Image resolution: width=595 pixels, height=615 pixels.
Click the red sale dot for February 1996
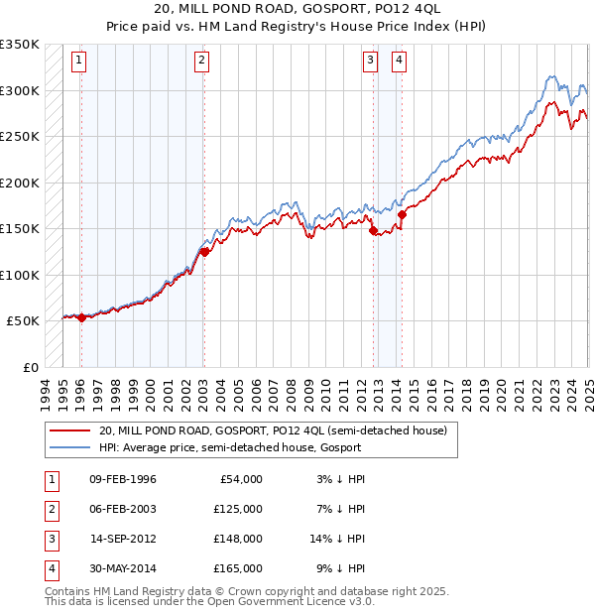[81, 317]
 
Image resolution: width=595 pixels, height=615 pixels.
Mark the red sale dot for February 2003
[204, 252]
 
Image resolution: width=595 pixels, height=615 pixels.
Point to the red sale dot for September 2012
[374, 231]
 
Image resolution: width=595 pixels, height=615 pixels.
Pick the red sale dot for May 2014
[402, 214]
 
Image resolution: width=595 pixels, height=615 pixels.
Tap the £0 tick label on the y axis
[30, 367]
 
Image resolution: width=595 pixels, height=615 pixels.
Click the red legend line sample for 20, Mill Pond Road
[68, 430]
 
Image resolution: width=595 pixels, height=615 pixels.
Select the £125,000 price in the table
[238, 509]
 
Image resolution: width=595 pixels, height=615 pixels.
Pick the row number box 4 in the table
[51, 568]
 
